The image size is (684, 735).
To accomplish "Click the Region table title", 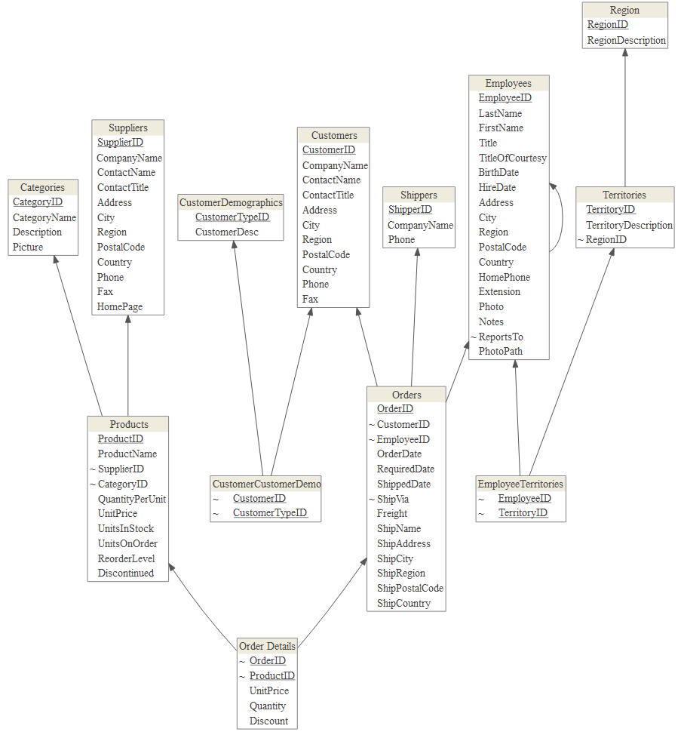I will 624,10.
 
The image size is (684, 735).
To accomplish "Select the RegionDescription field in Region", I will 627,40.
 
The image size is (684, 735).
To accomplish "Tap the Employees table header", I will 508,83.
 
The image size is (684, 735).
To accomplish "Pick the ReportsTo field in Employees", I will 501,337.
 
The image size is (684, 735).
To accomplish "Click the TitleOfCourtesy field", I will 513,158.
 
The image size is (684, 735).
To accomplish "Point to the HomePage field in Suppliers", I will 120,306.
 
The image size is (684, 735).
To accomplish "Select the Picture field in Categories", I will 28,247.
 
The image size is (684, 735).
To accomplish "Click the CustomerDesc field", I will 227,232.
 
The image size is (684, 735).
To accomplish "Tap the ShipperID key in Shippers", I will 410,209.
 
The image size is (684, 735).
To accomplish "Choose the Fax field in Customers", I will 311,299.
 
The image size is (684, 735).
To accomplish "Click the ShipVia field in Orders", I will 394,499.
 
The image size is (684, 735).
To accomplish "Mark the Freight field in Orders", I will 392,513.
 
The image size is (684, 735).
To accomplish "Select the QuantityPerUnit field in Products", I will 132,499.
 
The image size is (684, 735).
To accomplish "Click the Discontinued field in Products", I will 126,573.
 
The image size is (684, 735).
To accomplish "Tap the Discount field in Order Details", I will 269,721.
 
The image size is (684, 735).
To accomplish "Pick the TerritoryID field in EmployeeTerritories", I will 523,513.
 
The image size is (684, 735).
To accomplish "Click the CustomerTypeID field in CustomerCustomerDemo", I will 270,513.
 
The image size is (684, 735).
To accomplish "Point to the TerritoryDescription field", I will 629,225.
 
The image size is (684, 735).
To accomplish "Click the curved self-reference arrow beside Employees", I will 562,218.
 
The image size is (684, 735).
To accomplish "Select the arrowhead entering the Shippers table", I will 417,252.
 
